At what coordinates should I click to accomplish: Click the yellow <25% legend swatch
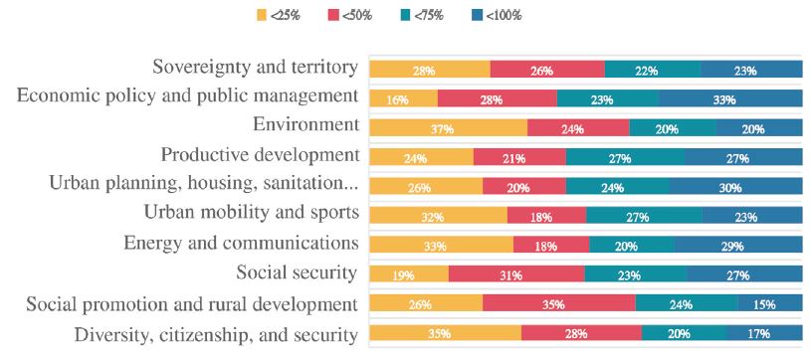coord(263,15)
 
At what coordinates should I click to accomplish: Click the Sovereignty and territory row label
coord(255,68)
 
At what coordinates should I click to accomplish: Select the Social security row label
coord(297,272)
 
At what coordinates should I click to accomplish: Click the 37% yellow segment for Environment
coord(448,128)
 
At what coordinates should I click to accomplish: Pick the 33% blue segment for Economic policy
coord(729,98)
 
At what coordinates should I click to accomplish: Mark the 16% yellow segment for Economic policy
coord(403,98)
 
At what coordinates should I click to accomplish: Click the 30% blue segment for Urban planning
coord(735,187)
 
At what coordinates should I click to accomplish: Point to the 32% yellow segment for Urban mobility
coord(438,216)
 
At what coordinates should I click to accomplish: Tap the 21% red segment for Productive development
coord(519,157)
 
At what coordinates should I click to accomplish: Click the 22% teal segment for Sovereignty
coord(653,70)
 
